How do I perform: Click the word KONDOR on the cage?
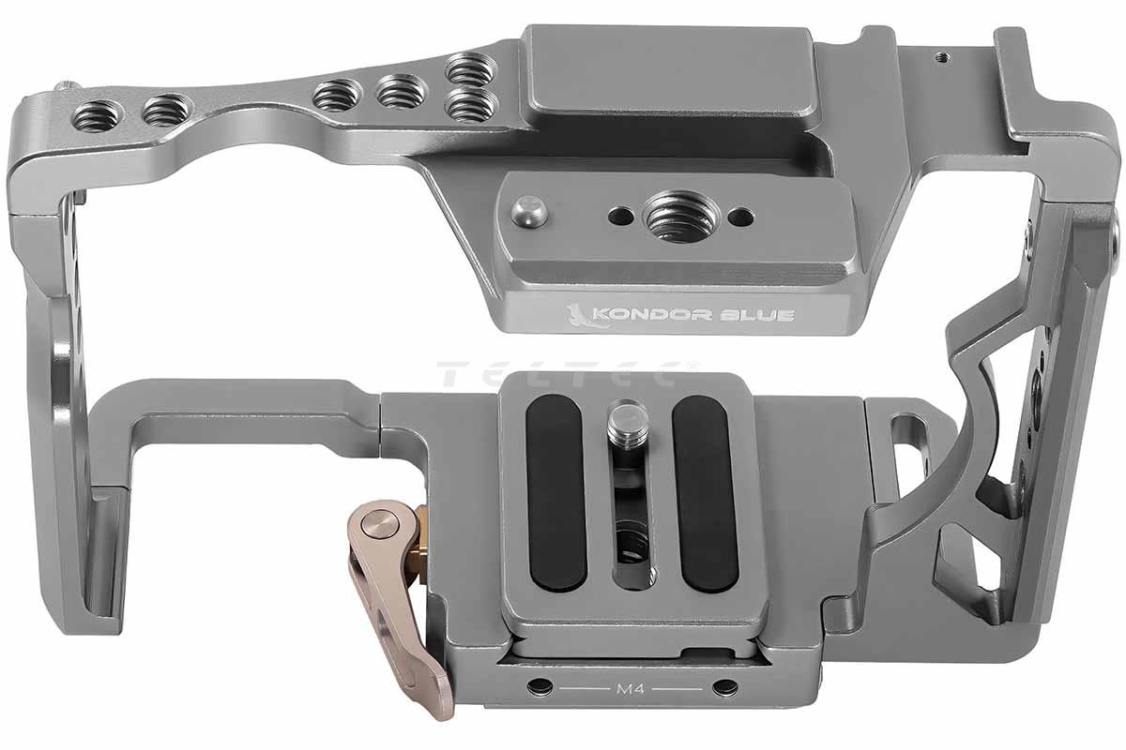click(x=652, y=315)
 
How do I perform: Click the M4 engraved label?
click(x=631, y=688)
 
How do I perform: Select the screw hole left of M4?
click(x=540, y=684)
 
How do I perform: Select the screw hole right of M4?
click(x=725, y=685)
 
